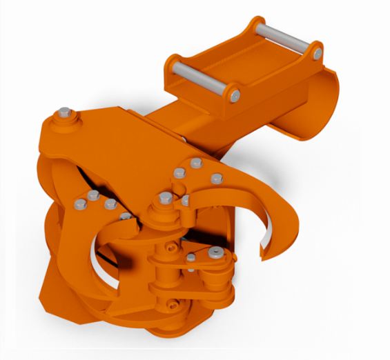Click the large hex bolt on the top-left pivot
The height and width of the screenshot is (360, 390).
pos(64,113)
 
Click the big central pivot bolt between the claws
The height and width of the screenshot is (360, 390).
pos(165,199)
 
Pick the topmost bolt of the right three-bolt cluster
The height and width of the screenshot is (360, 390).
pos(196,163)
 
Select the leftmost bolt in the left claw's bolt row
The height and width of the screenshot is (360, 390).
pos(77,203)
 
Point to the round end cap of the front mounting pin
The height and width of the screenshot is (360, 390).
pos(235,94)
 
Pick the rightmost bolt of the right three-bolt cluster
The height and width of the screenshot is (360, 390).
pos(216,177)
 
